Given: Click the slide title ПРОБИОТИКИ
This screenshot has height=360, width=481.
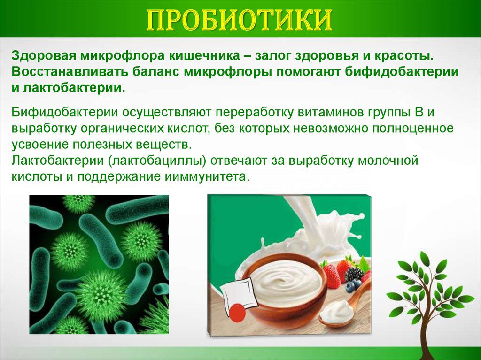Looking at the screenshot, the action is click(240, 20).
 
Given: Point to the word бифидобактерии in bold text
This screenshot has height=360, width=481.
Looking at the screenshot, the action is click(402, 72).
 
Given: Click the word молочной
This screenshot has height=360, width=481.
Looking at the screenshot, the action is click(388, 161).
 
